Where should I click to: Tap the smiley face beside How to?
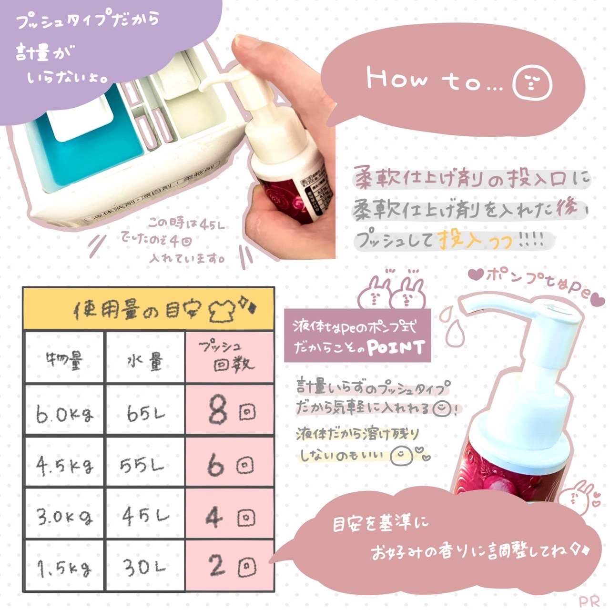(532, 82)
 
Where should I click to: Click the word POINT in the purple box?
(396, 348)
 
